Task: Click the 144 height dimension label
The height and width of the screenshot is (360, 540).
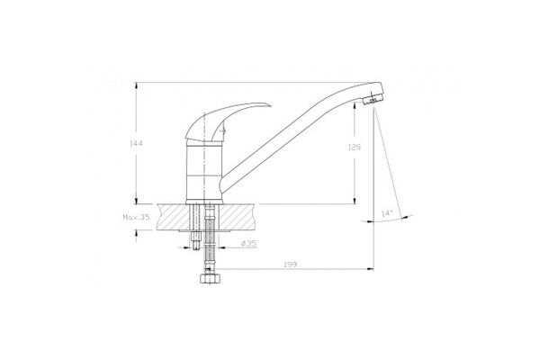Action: (136, 143)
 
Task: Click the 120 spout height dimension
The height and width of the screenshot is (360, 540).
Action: (355, 148)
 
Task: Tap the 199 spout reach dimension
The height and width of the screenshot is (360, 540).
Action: (291, 265)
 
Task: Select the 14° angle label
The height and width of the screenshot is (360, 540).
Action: (387, 213)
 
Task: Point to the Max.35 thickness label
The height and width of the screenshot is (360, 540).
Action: (137, 218)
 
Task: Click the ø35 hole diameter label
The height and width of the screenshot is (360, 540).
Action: (249, 244)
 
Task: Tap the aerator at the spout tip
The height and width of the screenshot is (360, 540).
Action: (373, 99)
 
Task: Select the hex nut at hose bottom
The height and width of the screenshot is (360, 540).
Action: (208, 278)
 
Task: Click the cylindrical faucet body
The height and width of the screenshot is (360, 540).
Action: (203, 172)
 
